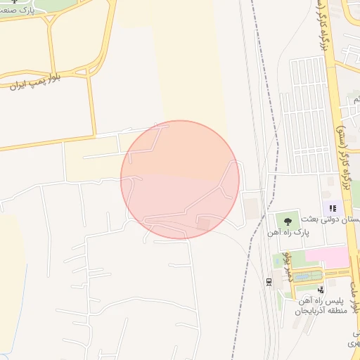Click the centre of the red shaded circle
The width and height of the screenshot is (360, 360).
point(180,179)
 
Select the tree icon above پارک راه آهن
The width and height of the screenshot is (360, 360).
point(288,221)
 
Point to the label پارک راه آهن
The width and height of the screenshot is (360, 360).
point(288,231)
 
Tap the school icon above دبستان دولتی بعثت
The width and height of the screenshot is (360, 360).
point(333,208)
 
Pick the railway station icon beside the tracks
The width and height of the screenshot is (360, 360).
point(269,281)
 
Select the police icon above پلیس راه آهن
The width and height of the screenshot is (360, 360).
point(321,289)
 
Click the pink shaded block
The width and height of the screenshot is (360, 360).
point(328,257)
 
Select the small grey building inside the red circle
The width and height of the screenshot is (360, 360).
point(203,224)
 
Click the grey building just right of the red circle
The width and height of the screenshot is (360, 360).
point(251,208)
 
